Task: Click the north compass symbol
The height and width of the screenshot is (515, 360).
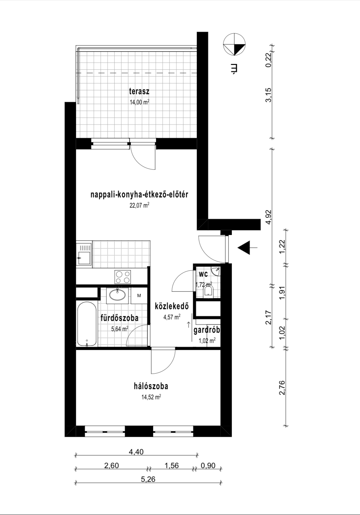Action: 234,45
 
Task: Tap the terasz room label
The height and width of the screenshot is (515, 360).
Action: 139,91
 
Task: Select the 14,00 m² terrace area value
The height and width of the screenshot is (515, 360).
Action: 140,102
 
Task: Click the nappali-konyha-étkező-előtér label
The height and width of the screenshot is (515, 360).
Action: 140,195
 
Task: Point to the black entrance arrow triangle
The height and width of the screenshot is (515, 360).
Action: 244,247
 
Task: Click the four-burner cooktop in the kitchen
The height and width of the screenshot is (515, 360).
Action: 123,277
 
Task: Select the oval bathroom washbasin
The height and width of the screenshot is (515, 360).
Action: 118,295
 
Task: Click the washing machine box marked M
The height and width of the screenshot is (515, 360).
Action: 139,296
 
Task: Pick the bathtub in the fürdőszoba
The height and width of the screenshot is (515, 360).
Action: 87,325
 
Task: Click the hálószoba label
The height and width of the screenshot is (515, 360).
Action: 151,386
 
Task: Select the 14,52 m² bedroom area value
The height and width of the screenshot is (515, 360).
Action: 151,397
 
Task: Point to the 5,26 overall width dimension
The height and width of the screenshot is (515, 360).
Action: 148,479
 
